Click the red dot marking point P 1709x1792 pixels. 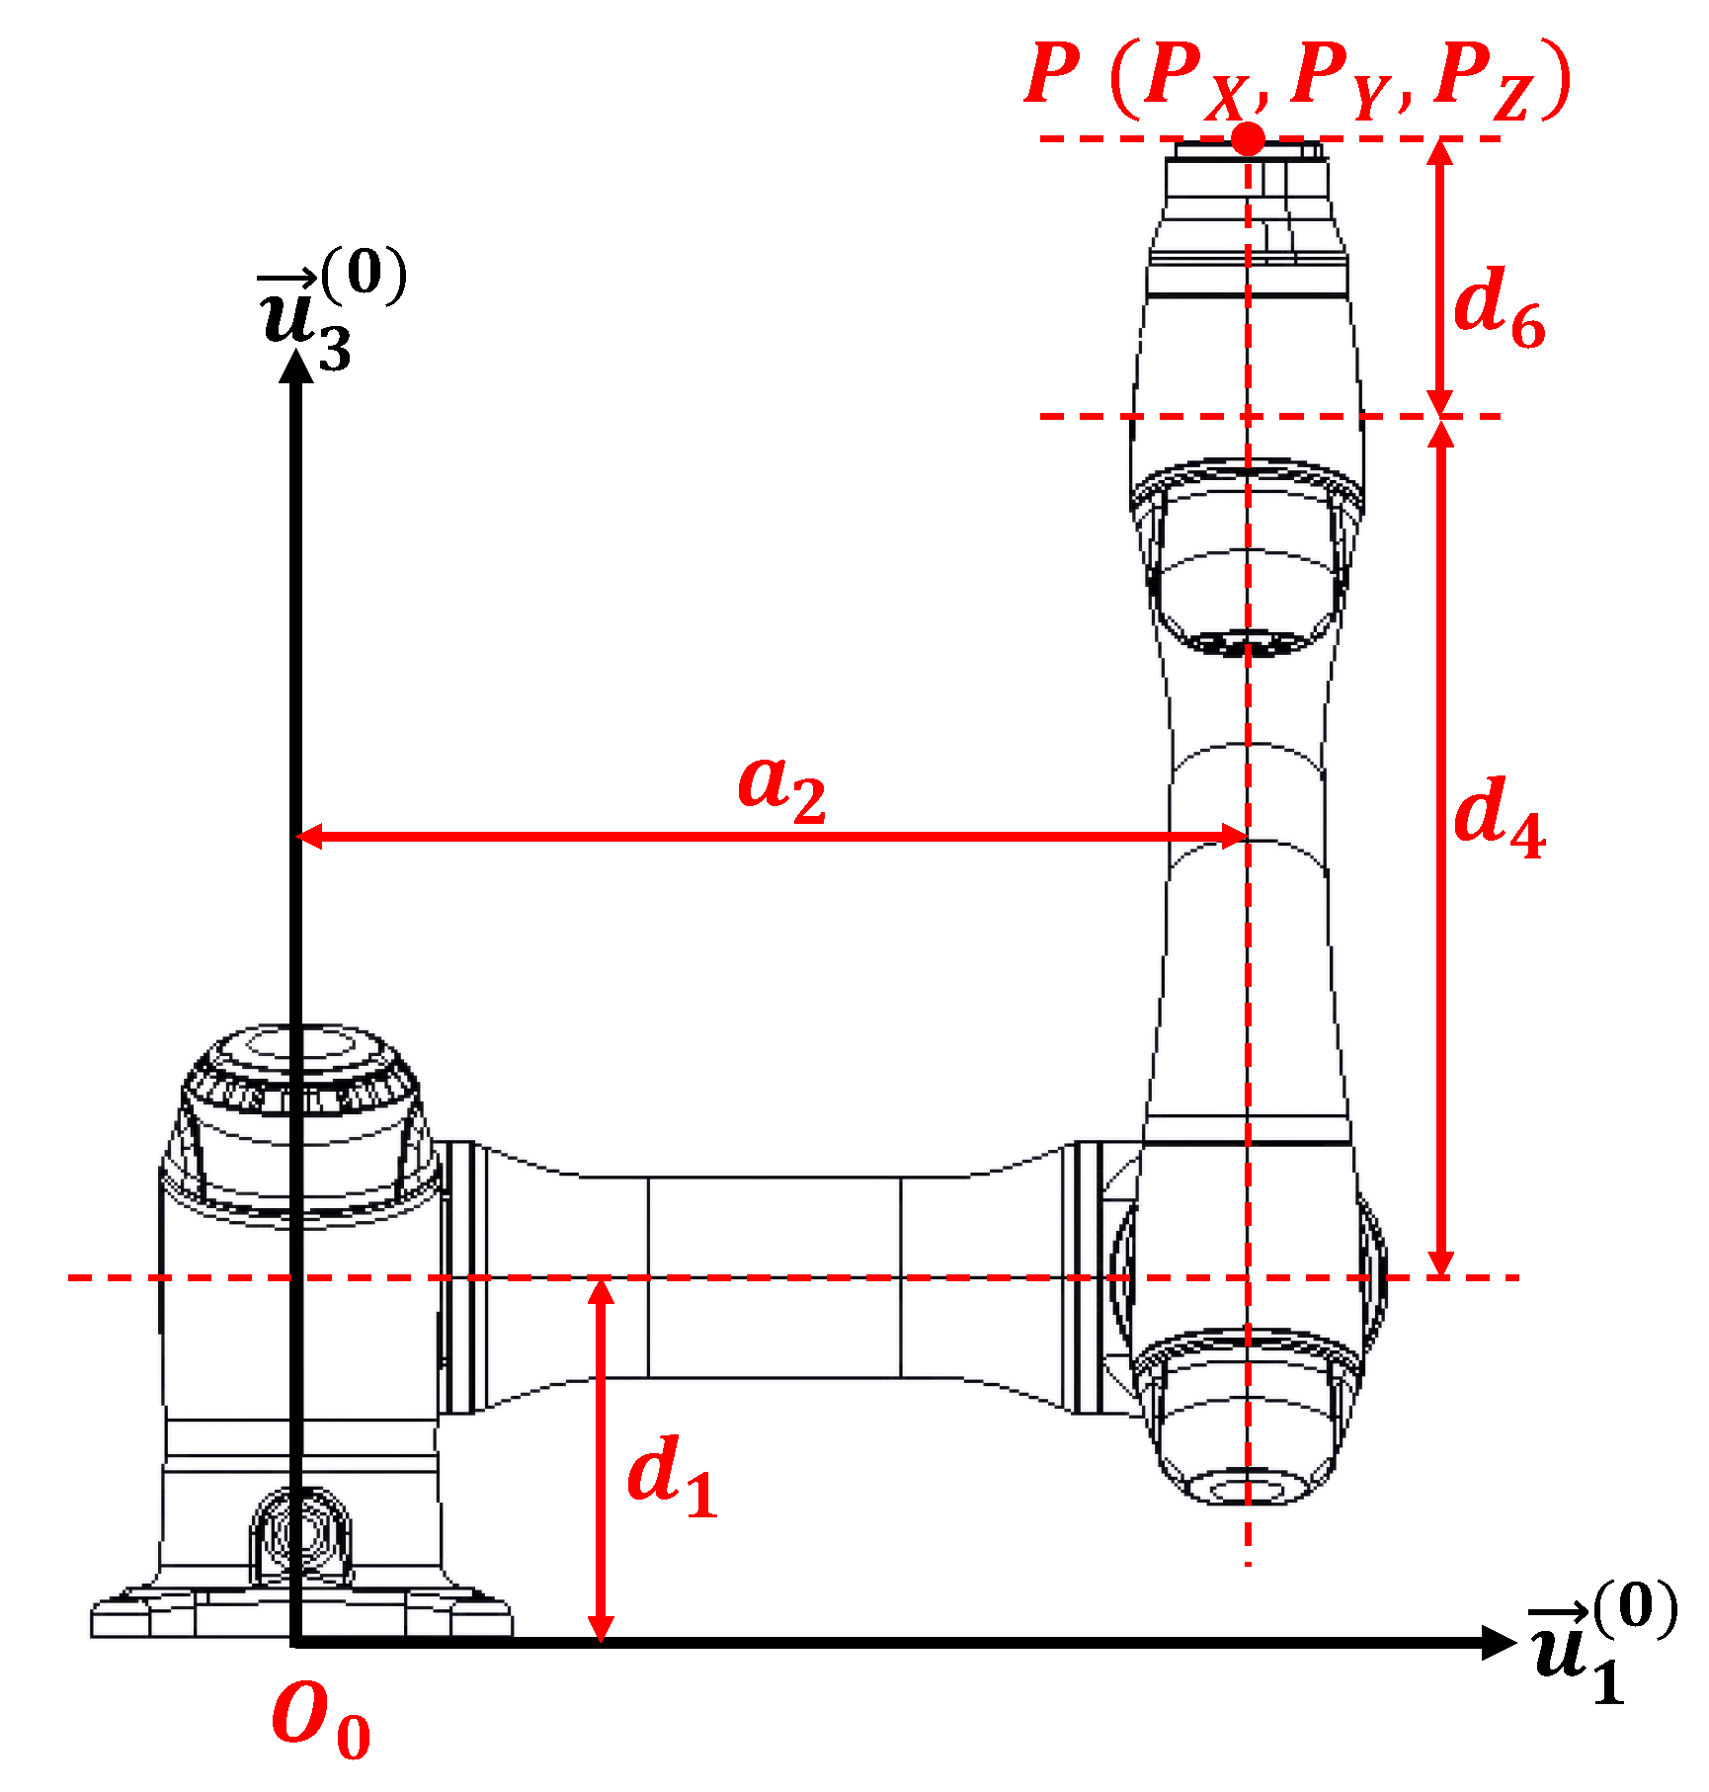click(1249, 138)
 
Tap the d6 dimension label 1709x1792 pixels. click(1499, 307)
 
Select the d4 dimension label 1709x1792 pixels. click(1499, 817)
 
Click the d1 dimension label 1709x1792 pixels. click(672, 1476)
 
